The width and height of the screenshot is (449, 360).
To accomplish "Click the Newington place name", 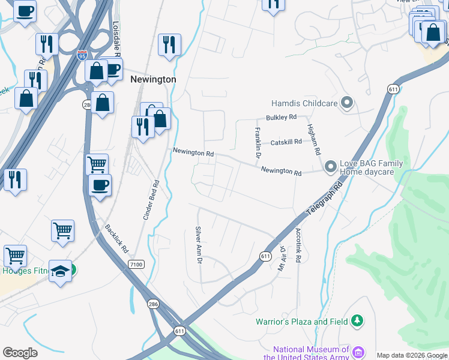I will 153,79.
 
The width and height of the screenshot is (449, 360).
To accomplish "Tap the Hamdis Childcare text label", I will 304,103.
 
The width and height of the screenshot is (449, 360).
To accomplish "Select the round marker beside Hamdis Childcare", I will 346,103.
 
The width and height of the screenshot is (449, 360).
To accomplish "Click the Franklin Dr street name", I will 258,143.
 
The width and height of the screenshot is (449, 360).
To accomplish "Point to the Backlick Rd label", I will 117,238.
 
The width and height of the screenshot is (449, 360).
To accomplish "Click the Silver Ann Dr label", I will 198,244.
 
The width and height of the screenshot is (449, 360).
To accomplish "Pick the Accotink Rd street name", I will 297,246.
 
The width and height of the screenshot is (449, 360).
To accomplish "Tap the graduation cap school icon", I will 60,271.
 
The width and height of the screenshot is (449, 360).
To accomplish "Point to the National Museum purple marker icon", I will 358,352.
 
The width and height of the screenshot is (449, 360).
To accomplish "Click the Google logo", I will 20,353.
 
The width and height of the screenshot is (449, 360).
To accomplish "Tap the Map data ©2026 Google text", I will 411,355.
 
